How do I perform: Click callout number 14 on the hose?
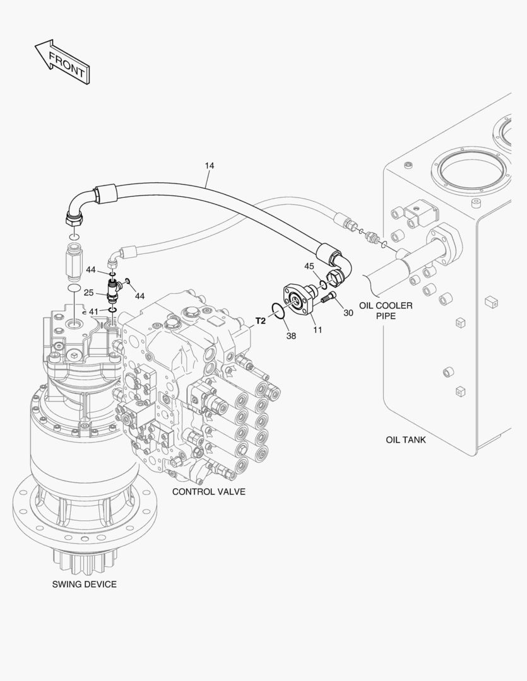coord(210,166)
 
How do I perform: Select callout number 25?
coord(89,293)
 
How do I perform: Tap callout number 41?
coord(93,311)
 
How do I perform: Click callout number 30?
coord(348,312)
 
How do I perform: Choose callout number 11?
coord(317,329)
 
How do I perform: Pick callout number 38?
coord(291,336)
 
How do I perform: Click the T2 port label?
coord(260,321)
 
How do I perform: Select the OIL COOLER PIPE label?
coord(386,310)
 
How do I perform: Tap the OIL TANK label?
coord(405,439)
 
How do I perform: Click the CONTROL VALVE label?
coord(209,491)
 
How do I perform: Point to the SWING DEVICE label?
coord(84,584)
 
